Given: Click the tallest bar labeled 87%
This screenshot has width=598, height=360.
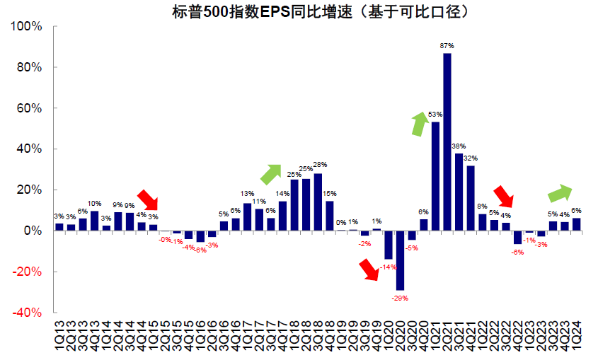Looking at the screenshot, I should point(447,141).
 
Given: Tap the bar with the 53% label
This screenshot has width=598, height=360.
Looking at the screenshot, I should point(435,176).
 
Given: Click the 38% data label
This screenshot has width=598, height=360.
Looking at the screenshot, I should point(459,146).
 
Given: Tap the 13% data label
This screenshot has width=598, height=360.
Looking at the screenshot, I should point(247,194).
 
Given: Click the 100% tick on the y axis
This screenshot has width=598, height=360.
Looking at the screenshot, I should point(29,27).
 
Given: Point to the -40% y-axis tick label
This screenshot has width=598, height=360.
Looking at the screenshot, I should point(29,313).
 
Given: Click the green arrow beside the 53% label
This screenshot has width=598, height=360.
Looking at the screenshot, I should point(420,123).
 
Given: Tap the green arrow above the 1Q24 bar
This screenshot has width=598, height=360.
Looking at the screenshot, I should point(561,192).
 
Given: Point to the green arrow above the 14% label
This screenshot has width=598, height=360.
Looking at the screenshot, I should point(270,173).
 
